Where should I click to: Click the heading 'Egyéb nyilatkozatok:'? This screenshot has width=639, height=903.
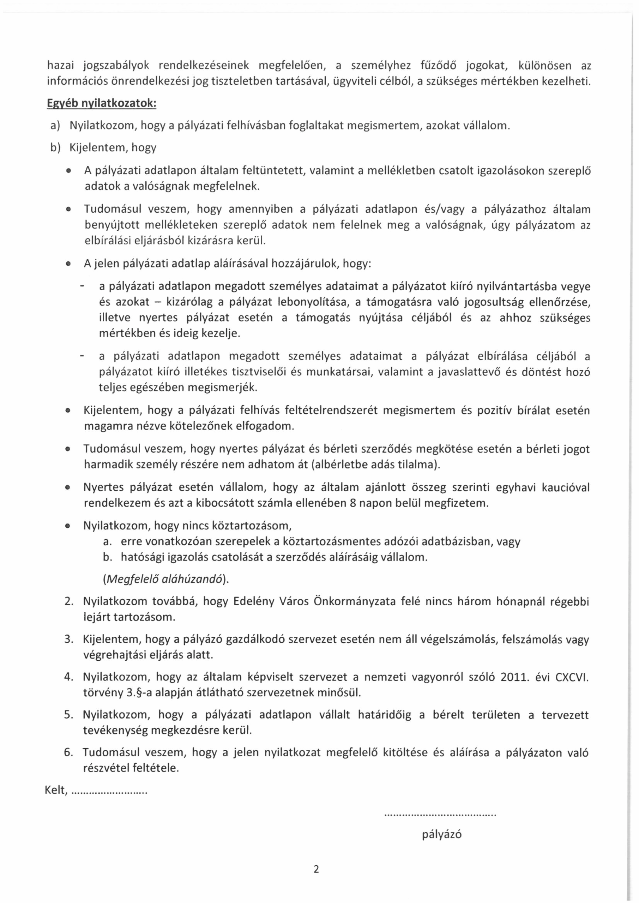(x=102, y=103)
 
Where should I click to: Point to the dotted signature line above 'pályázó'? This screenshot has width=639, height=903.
(x=440, y=815)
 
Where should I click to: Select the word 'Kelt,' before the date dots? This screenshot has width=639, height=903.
(x=56, y=790)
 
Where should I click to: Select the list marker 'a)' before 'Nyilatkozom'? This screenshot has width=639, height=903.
(x=55, y=126)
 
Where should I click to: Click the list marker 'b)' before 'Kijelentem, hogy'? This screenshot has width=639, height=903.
(x=55, y=148)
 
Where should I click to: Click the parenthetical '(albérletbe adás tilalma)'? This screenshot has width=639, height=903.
(x=375, y=465)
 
